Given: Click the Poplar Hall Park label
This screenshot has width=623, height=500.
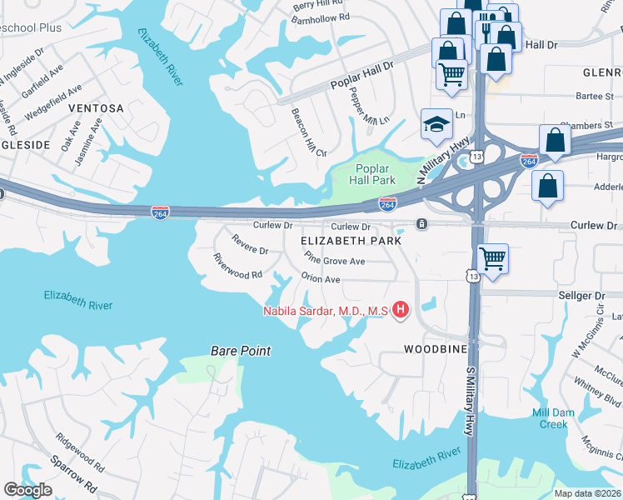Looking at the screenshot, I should pyautogui.click(x=372, y=172).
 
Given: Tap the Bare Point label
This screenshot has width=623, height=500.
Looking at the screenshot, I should pyautogui.click(x=241, y=351).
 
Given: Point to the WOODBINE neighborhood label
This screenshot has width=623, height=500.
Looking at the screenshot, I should pyautogui.click(x=435, y=348).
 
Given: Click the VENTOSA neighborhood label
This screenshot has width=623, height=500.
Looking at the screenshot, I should pyautogui.click(x=96, y=108).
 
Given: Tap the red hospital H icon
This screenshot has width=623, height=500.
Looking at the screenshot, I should pyautogui.click(x=401, y=311).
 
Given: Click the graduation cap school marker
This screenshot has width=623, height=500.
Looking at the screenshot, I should pyautogui.click(x=436, y=124).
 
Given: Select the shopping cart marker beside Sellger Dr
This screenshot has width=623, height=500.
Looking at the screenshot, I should pyautogui.click(x=492, y=258).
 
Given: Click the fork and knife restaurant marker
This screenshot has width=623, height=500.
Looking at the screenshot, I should pyautogui.click(x=486, y=30).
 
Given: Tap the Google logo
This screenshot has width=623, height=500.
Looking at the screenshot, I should pyautogui.click(x=27, y=490).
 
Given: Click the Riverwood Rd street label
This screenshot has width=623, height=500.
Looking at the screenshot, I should pyautogui.click(x=237, y=267).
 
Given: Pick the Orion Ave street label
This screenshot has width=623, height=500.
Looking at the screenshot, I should pyautogui.click(x=321, y=279).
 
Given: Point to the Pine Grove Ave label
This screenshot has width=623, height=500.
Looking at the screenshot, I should pyautogui.click(x=335, y=261).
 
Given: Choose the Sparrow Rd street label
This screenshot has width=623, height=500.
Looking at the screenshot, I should pyautogui.click(x=74, y=472).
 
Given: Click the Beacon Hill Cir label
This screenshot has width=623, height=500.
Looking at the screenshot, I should pyautogui.click(x=307, y=132).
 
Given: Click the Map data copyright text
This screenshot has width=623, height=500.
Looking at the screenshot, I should pyautogui.click(x=587, y=492).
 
